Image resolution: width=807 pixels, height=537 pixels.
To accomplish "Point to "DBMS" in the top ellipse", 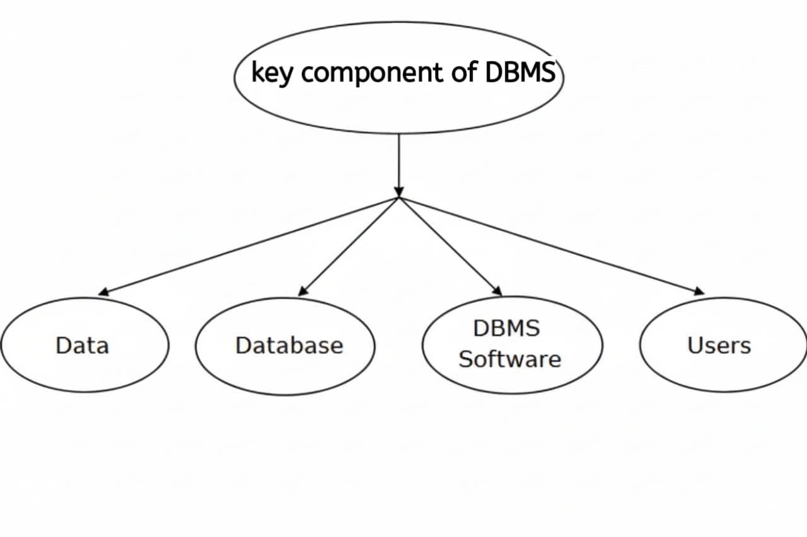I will (x=521, y=73).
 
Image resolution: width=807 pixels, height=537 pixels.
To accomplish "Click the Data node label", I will (x=82, y=346).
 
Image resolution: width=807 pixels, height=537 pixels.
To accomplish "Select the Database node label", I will (x=289, y=346).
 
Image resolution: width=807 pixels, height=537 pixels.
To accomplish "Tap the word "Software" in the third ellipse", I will (x=509, y=359).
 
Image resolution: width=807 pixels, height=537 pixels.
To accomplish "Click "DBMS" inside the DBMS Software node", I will (x=506, y=329).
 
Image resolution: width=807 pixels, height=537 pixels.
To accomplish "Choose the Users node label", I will (x=719, y=346).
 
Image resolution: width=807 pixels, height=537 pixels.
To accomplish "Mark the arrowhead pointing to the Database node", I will (x=303, y=291).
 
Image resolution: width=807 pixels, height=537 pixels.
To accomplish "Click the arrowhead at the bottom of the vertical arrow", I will (x=398, y=191).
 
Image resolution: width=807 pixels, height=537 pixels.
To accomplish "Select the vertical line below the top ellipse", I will (x=398, y=161).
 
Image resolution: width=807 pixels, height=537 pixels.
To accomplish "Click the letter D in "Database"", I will (x=242, y=346).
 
